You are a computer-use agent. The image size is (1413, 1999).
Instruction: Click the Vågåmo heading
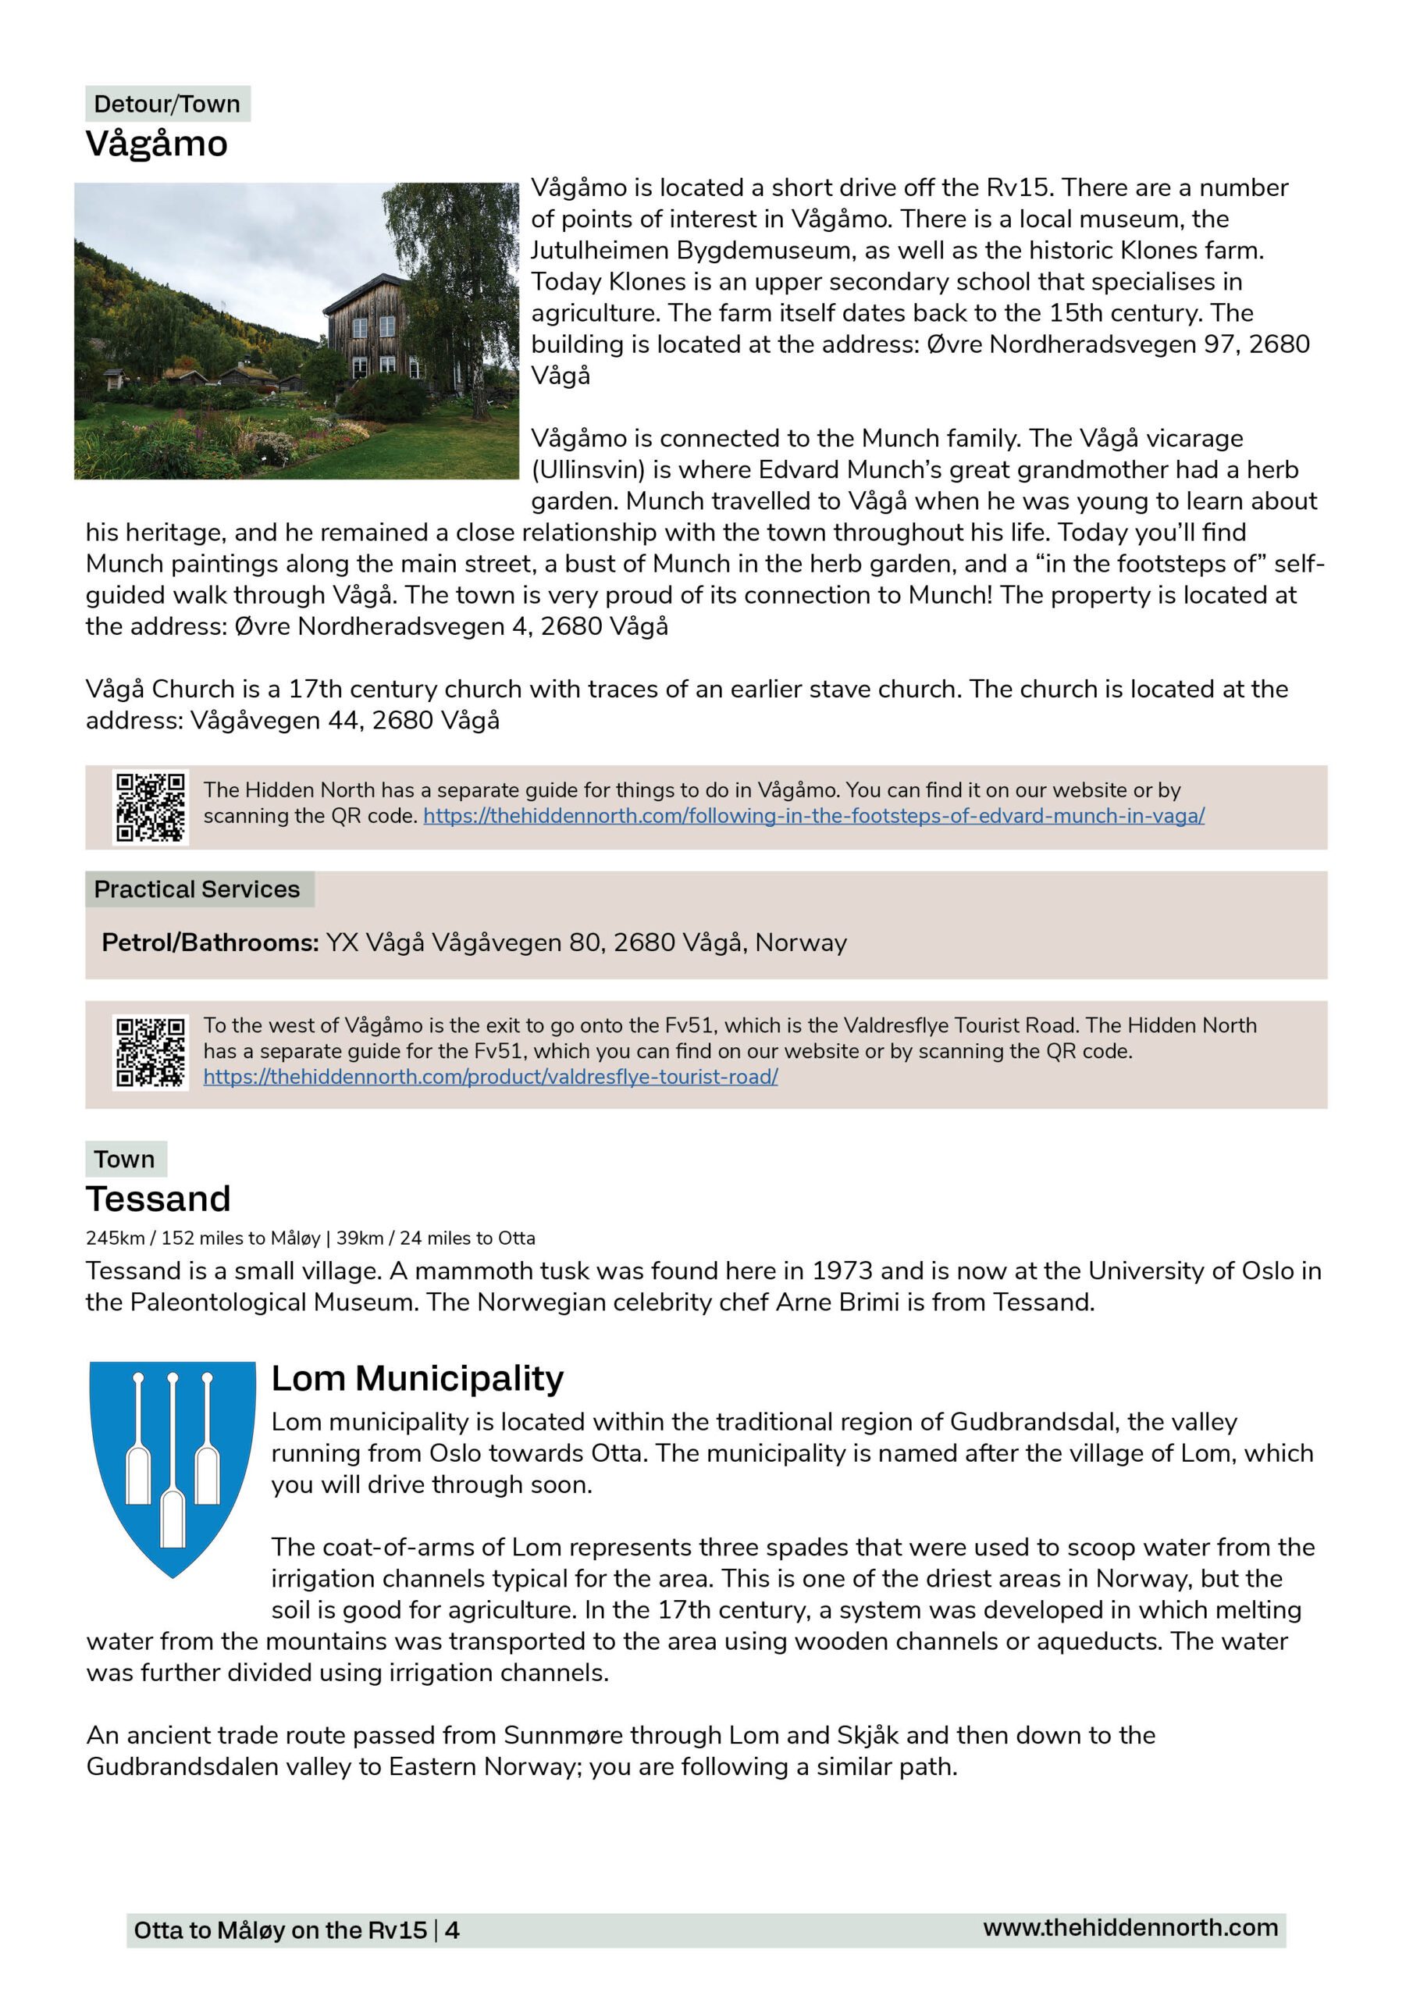pos(157,144)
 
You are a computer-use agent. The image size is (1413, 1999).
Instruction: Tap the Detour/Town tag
pos(167,104)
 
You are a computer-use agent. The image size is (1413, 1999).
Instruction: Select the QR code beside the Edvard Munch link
pos(151,807)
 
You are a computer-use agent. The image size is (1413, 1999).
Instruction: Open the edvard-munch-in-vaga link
pos(813,816)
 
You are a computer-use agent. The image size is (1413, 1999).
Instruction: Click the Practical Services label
pos(197,889)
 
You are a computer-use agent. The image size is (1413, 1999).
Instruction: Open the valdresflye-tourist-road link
pos(490,1077)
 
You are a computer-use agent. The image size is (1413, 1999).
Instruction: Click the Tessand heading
pos(158,1199)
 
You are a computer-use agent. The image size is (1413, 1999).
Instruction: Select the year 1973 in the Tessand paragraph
pos(842,1271)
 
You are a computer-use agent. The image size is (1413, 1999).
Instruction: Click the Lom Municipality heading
pos(417,1378)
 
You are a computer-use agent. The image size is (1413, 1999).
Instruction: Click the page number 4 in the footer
pos(452,1930)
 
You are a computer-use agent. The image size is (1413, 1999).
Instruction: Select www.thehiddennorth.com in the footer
pos(1130,1928)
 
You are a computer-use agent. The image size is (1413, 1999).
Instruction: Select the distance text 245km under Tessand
pos(114,1238)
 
